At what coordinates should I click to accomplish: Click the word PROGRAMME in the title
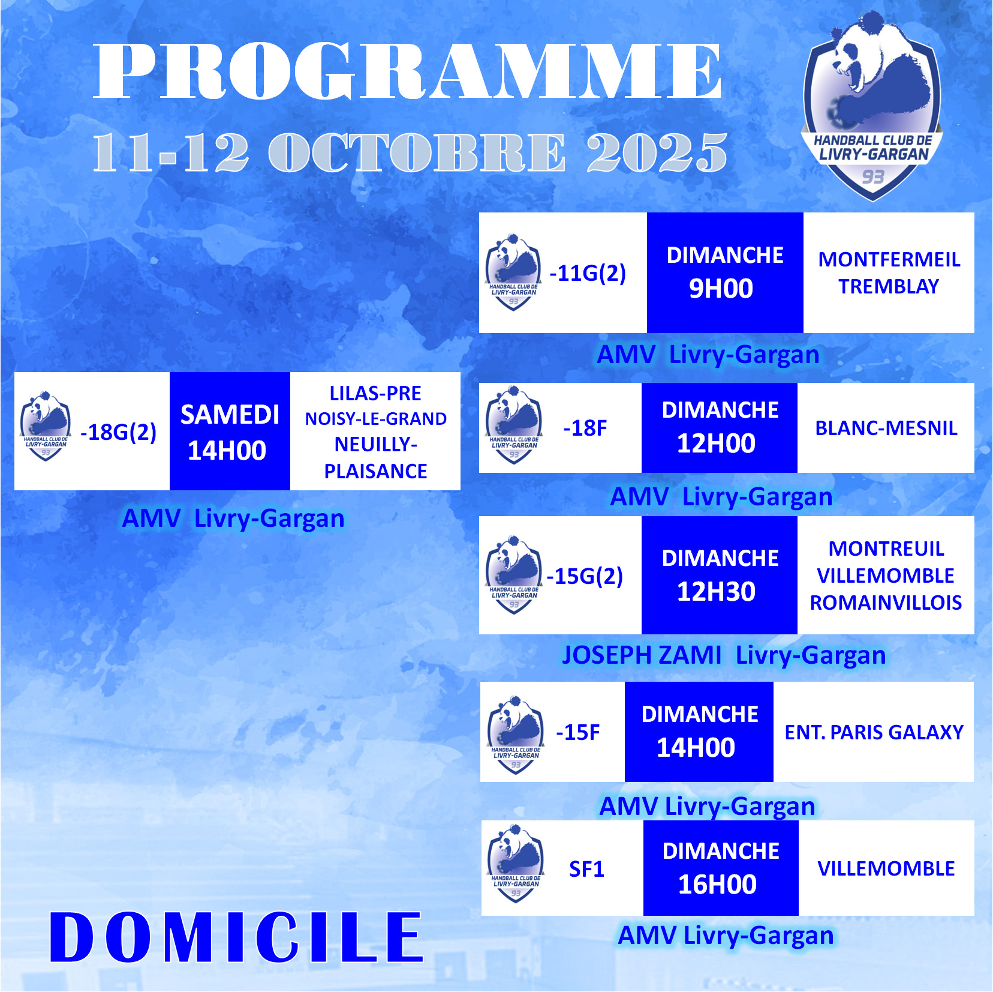click(x=408, y=71)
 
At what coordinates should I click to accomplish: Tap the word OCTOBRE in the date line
click(x=417, y=152)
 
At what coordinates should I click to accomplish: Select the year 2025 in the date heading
click(x=657, y=152)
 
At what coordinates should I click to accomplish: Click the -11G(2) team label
click(x=588, y=273)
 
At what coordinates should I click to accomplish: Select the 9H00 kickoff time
click(x=721, y=289)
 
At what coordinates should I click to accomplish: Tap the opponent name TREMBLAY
click(x=889, y=286)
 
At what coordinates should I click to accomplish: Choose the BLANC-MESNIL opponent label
click(x=886, y=428)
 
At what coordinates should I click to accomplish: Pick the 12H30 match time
click(x=716, y=592)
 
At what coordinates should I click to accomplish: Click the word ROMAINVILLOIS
click(x=886, y=603)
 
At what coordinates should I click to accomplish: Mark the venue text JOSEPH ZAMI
click(x=642, y=655)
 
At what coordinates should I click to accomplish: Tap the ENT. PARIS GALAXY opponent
click(x=874, y=732)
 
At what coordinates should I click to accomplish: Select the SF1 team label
click(x=586, y=869)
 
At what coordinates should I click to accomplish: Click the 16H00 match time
click(x=717, y=885)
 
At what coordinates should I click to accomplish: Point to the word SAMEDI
click(x=230, y=415)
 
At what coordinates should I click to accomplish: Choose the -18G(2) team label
click(x=118, y=432)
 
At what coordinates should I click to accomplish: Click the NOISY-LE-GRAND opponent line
click(x=376, y=419)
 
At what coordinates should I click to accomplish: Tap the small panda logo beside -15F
click(x=515, y=734)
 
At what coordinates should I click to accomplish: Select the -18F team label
click(x=585, y=428)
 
